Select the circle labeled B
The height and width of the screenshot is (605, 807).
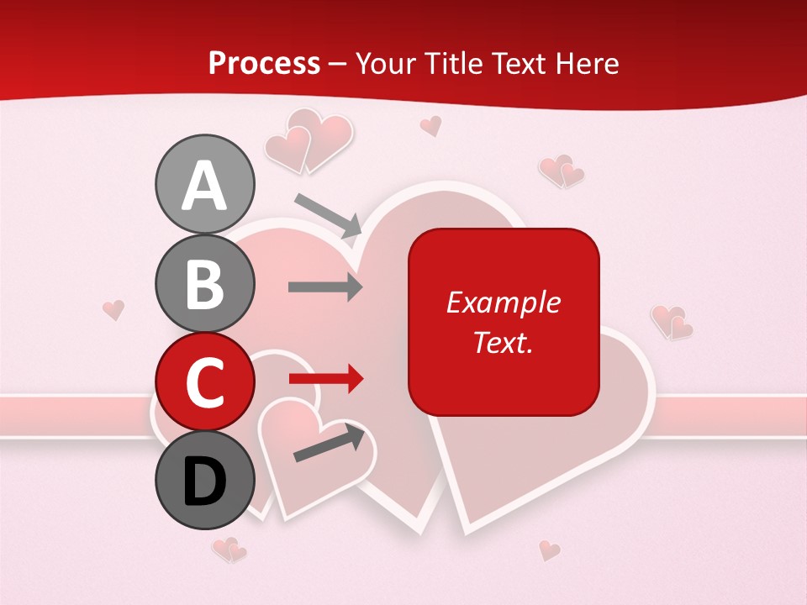pos(204,283)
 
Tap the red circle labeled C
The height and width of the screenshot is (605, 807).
pos(204,382)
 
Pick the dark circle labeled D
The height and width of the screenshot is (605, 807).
pos(204,481)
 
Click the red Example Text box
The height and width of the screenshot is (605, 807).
pos(504,322)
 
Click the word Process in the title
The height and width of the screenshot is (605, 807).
pos(264,63)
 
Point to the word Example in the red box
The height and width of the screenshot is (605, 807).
pos(503,302)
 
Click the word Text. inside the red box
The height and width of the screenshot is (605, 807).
pos(503,342)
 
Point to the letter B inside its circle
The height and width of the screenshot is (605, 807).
pos(204,284)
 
